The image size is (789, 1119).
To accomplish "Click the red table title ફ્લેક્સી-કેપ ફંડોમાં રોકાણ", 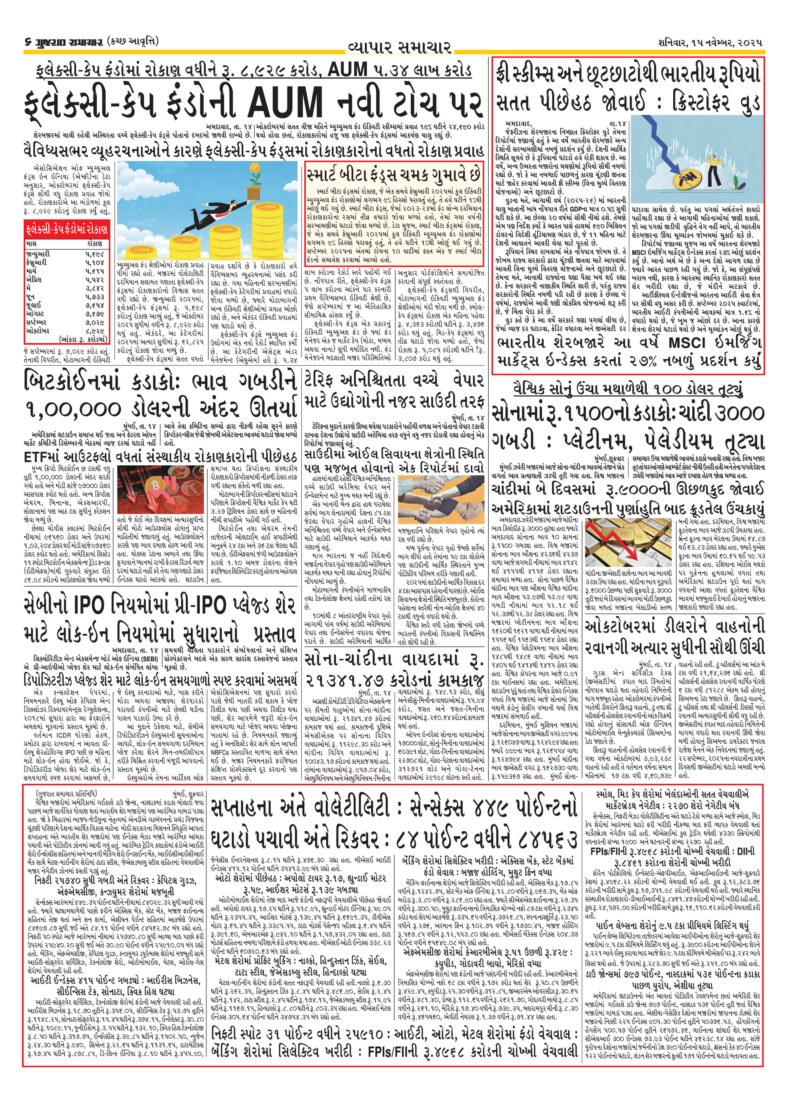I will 66,229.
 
